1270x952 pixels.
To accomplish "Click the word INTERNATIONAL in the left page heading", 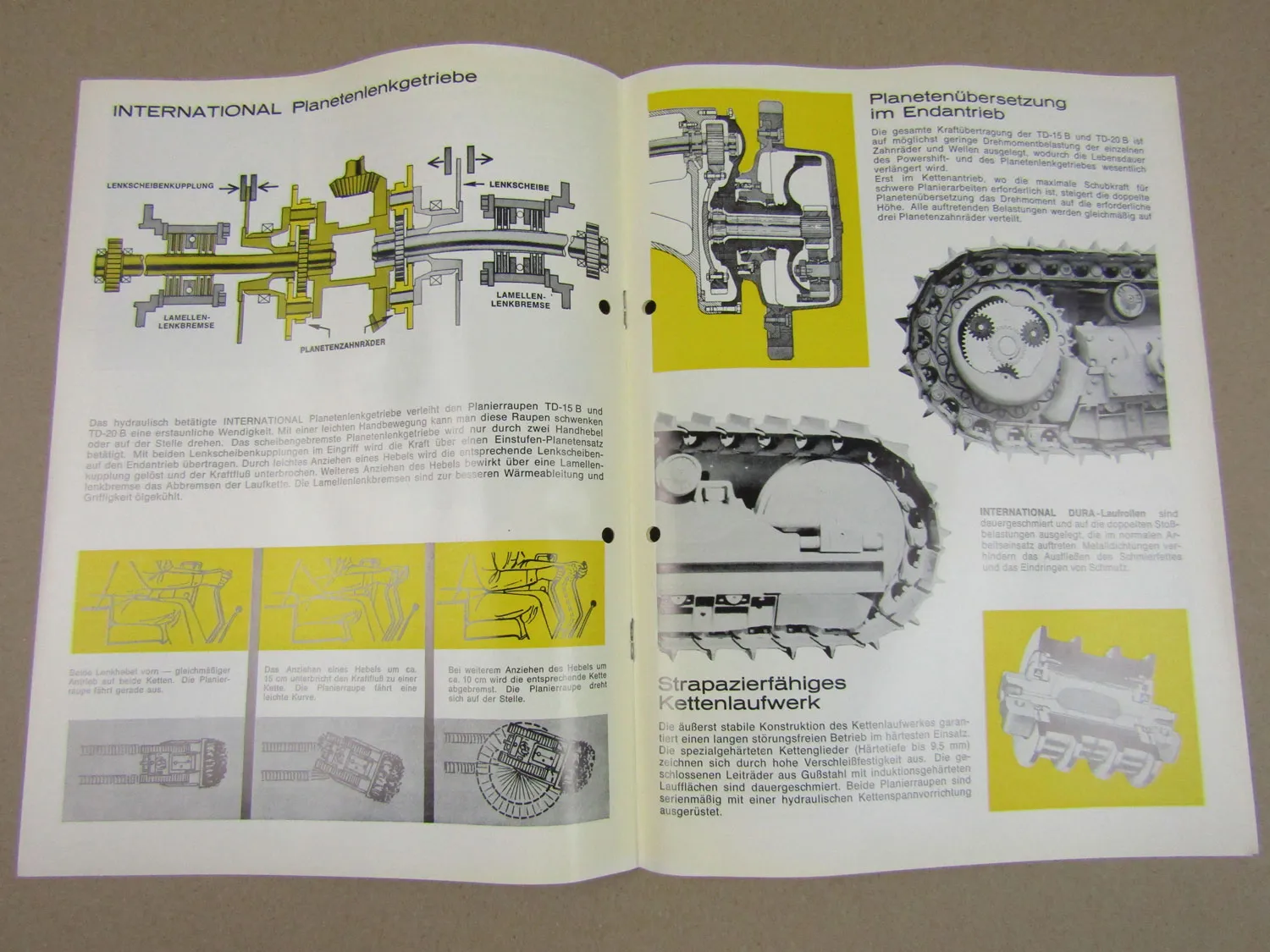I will [x=196, y=109].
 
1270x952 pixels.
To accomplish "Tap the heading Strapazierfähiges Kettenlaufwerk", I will [x=748, y=692].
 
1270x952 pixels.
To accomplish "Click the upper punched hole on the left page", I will [x=606, y=306].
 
